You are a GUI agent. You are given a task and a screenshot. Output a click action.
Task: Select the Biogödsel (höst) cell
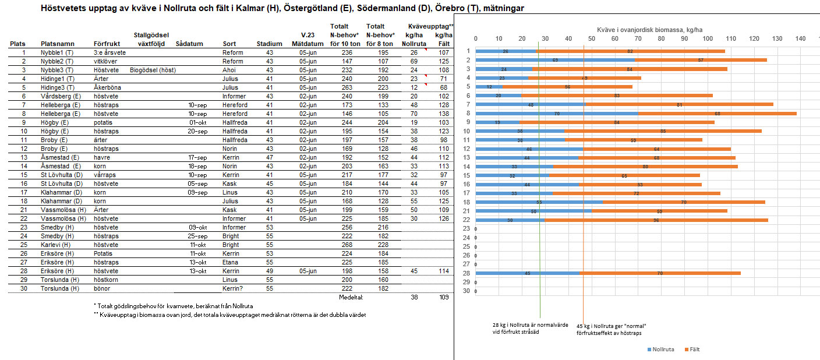pos(153,70)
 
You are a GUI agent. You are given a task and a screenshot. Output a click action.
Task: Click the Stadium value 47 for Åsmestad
pos(269,157)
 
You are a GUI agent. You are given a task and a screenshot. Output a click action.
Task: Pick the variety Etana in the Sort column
pos(231,262)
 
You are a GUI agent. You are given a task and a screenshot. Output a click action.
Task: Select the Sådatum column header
pos(189,44)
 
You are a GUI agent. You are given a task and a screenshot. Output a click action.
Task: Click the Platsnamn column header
pos(56,44)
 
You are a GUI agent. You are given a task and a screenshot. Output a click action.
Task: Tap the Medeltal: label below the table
pos(351,297)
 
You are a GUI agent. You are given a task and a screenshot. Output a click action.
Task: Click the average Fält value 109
pos(444,297)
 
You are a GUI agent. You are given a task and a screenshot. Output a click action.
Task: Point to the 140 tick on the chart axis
pos(800,38)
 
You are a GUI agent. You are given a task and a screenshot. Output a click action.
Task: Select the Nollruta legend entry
pos(662,350)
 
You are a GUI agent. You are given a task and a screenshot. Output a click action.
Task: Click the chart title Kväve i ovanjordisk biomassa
pos(638,29)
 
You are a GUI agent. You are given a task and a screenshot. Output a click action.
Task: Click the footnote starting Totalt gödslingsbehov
pos(177,306)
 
